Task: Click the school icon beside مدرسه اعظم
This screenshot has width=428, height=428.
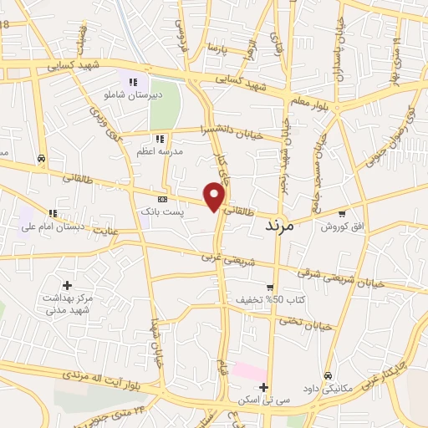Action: coord(159,139)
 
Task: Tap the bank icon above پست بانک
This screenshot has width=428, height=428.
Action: coord(162,200)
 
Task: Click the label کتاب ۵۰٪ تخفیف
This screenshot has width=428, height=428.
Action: coord(288,298)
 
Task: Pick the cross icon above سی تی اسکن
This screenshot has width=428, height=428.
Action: coord(263,387)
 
